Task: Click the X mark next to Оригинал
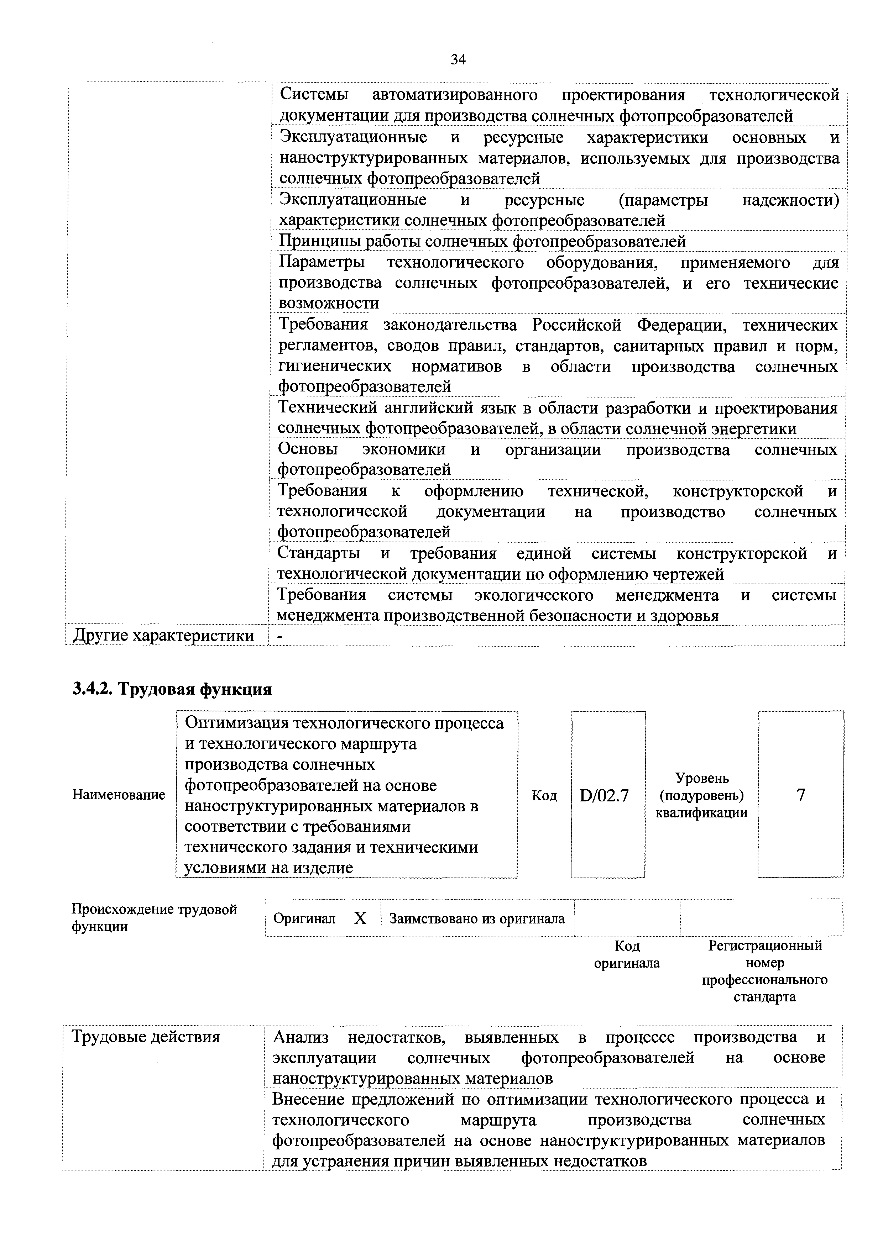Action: click(360, 918)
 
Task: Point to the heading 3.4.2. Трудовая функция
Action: click(172, 689)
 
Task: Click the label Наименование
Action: click(119, 795)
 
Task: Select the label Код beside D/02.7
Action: click(544, 796)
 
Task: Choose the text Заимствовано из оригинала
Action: click(477, 918)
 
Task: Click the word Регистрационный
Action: click(764, 946)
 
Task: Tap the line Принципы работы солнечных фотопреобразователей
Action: click(482, 241)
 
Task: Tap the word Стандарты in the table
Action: click(319, 553)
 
